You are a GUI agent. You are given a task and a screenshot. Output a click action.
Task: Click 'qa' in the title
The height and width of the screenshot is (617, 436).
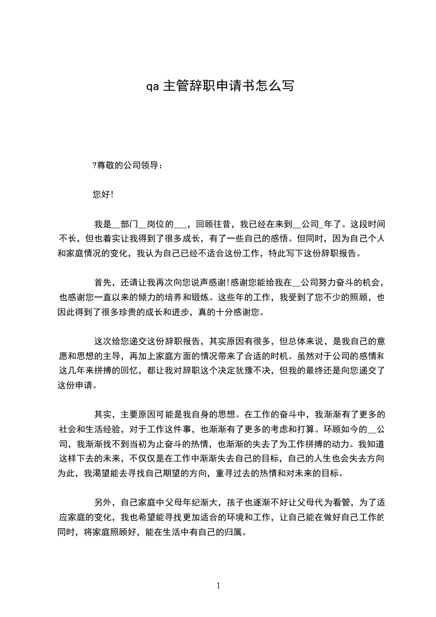(x=152, y=86)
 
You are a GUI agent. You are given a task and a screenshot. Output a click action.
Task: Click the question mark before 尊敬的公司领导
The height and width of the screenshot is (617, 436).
(x=95, y=166)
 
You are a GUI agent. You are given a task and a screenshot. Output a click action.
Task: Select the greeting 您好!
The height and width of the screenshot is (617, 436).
(x=103, y=195)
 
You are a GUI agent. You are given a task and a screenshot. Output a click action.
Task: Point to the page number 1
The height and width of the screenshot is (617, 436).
(x=218, y=586)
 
